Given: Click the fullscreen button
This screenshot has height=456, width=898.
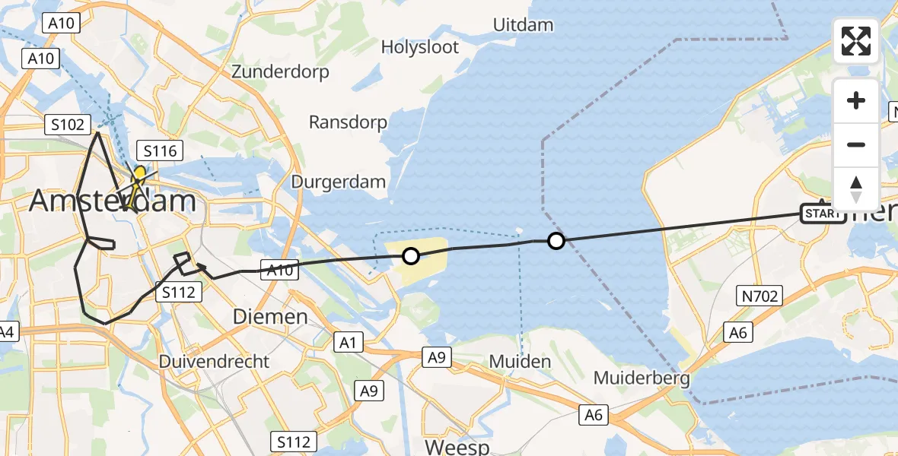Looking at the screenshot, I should pyautogui.click(x=856, y=41).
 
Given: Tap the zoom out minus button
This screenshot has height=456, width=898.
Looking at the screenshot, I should pyautogui.click(x=856, y=144).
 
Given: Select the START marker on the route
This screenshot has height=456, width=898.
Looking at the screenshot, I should pyautogui.click(x=822, y=214).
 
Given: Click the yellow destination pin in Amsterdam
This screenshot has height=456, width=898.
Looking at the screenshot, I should pyautogui.click(x=140, y=174).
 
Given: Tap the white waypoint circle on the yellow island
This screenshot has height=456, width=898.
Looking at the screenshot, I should pyautogui.click(x=410, y=256).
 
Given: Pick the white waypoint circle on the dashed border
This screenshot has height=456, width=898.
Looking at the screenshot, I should pyautogui.click(x=556, y=241).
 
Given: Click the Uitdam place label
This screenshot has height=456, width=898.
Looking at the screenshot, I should pyautogui.click(x=523, y=25).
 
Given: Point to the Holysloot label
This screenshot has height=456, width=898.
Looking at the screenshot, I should pyautogui.click(x=420, y=47).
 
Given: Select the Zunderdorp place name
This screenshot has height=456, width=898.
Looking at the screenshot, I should pyautogui.click(x=281, y=72).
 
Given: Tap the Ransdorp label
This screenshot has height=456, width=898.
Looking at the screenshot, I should pyautogui.click(x=348, y=122).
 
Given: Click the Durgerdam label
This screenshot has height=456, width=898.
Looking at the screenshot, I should pyautogui.click(x=339, y=182).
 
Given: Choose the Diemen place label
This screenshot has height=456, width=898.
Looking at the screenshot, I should pyautogui.click(x=270, y=316).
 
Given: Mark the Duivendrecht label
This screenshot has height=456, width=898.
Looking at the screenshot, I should pyautogui.click(x=215, y=361).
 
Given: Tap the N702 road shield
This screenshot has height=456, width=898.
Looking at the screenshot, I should pyautogui.click(x=759, y=296).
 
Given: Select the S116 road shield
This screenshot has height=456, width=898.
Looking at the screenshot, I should pyautogui.click(x=160, y=150).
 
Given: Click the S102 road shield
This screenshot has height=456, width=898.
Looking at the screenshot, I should pyautogui.click(x=68, y=125).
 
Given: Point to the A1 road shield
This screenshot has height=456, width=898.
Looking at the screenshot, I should pyautogui.click(x=348, y=343).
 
